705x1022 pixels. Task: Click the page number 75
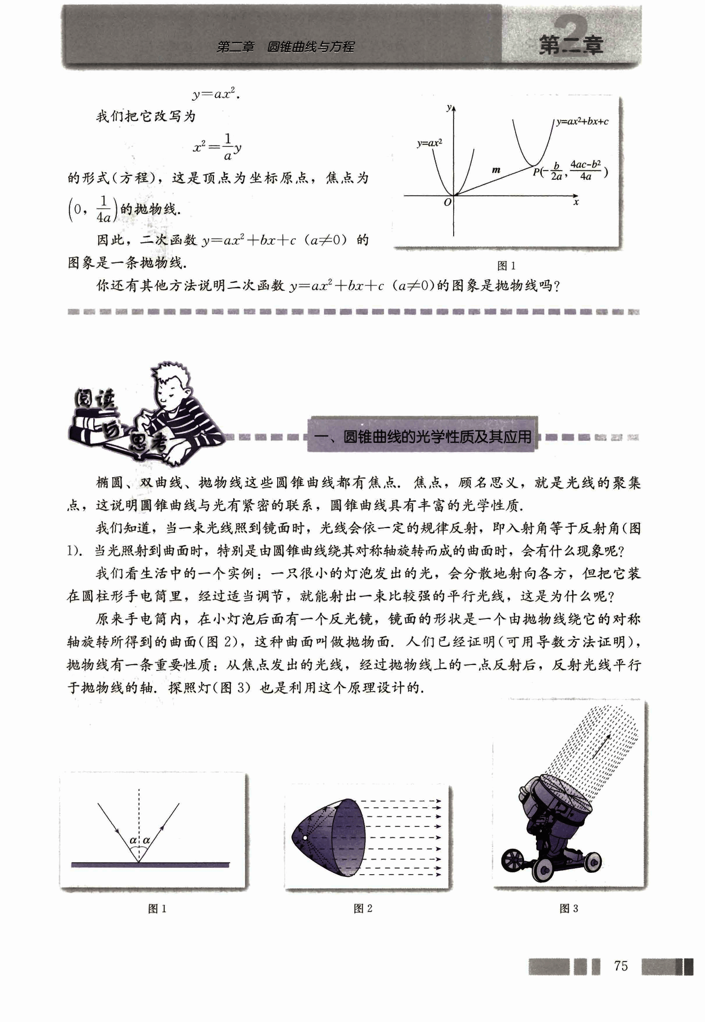[620, 966]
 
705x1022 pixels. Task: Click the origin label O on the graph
[447, 202]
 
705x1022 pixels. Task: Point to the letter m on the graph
[496, 170]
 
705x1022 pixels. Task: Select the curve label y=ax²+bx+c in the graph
[582, 121]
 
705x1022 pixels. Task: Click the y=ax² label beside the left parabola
[430, 143]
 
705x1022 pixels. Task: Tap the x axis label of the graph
[576, 202]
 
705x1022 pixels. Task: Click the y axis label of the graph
[449, 108]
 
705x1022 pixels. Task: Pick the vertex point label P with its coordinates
[570, 171]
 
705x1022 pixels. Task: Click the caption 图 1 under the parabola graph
[506, 266]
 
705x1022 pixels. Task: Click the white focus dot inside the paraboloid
[305, 837]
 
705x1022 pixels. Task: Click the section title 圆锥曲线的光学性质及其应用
[437, 437]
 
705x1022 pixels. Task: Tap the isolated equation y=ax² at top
[215, 94]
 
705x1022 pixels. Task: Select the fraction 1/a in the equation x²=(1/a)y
[228, 146]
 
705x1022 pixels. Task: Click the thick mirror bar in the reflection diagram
[150, 865]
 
